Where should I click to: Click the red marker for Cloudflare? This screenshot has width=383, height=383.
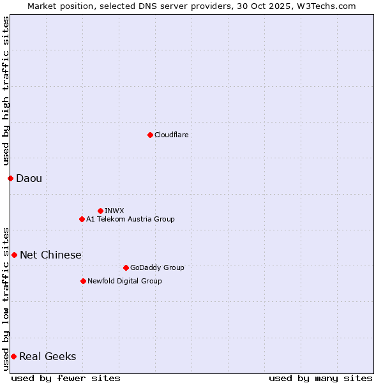150,135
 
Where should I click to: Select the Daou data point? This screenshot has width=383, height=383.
10,178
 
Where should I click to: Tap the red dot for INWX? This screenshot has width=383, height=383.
100,211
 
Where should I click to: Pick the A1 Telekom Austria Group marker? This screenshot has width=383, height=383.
82,219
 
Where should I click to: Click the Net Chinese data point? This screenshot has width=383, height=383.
14,255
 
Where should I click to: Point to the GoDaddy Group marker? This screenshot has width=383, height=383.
126,267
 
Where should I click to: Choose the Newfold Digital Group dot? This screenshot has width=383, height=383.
83,281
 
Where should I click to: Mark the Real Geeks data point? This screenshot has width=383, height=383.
13,356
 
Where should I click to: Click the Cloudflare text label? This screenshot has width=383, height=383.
171,135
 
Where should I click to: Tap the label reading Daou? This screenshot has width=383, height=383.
29,178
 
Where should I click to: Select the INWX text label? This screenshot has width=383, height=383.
114,211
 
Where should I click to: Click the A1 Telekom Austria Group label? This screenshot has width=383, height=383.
130,219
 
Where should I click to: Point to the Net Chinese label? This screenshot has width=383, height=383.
50,255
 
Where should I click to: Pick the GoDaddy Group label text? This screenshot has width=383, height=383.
157,267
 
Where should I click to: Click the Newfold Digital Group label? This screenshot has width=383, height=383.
124,281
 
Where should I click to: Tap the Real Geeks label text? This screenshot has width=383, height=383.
47,356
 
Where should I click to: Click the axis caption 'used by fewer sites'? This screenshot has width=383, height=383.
66,378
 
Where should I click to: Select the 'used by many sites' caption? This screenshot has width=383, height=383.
320,378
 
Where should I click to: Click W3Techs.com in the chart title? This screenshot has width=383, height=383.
325,6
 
